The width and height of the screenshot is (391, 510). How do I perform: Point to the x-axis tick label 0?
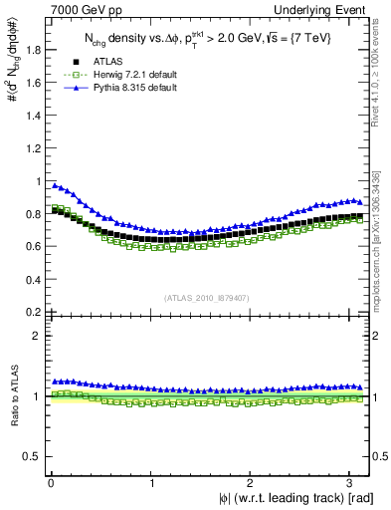50,483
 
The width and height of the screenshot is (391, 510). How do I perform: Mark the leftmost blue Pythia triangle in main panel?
55,185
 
